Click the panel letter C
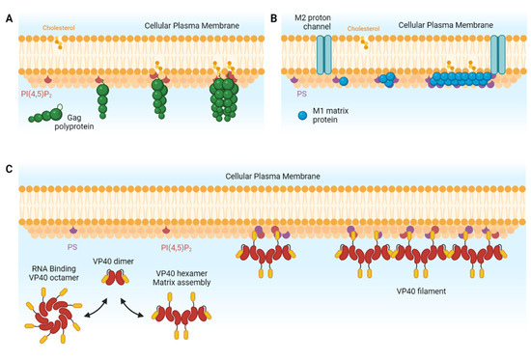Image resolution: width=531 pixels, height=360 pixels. click(9, 167)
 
